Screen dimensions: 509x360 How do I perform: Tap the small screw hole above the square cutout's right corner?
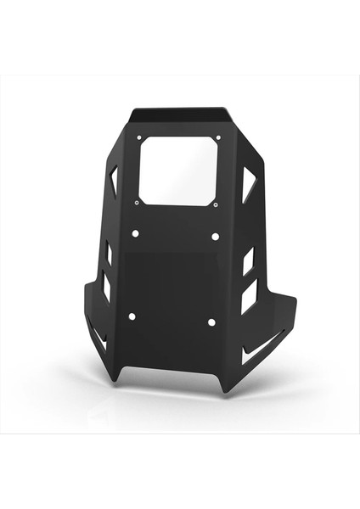pos(218,137)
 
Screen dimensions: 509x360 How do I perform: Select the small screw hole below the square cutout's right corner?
pos(217,204)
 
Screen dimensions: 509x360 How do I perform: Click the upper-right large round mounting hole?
pos(215,236)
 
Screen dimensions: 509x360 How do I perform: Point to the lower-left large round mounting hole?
pos(132,316)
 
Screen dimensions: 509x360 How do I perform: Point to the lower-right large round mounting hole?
pos(211,322)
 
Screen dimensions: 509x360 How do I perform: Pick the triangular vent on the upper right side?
pos(248,183)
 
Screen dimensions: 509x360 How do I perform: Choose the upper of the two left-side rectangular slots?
pos(108,253)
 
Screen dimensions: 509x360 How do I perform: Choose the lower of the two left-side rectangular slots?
pos(106,286)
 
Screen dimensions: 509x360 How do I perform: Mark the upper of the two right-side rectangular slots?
pos(249,260)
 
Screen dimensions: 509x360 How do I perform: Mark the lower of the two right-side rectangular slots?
pos(248,296)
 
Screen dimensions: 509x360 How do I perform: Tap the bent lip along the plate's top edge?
pos(179,113)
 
